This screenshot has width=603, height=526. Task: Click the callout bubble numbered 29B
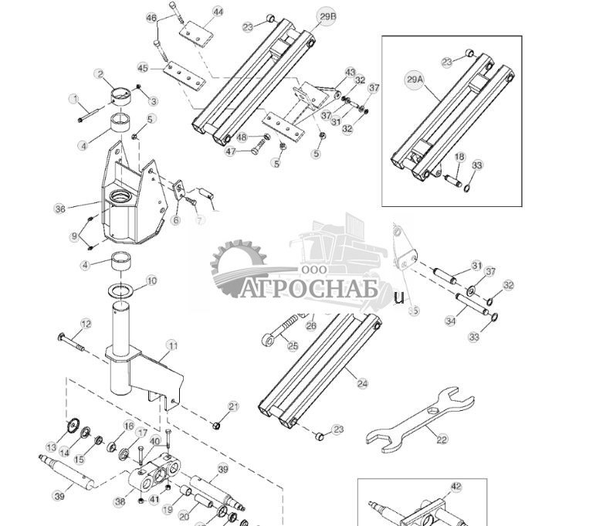click(327, 16)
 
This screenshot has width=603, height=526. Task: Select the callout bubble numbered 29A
click(415, 79)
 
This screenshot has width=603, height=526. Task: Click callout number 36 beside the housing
click(60, 209)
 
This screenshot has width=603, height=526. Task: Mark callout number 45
click(144, 68)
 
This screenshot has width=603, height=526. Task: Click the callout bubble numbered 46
click(151, 18)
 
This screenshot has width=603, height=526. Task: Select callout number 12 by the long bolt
click(86, 324)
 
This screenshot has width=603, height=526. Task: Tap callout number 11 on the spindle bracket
click(171, 345)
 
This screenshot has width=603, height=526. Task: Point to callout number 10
click(151, 281)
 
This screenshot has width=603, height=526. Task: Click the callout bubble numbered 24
click(363, 383)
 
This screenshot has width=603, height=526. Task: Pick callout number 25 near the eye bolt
click(293, 345)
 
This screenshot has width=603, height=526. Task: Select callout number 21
click(233, 406)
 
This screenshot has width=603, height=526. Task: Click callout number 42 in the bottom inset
click(456, 487)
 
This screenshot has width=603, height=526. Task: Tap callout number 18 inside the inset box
click(459, 157)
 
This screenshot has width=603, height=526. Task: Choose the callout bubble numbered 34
click(450, 321)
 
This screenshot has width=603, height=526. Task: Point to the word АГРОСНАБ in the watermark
click(307, 289)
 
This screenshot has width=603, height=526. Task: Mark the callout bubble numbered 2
click(100, 74)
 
